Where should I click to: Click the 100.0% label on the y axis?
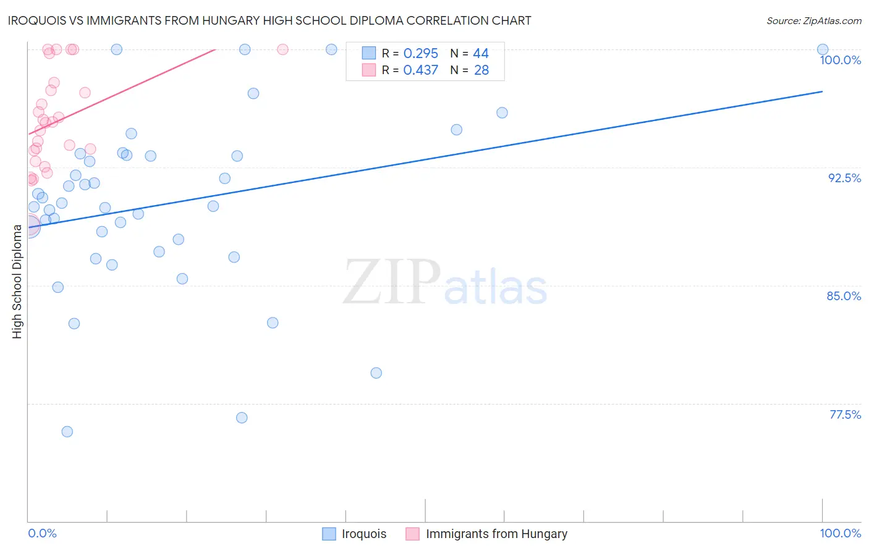tap(840, 60)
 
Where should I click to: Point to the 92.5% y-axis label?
tap(844, 178)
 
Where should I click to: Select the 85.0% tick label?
tap(844, 296)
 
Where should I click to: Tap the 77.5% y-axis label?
tap(845, 414)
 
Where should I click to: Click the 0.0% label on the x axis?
tap(42, 533)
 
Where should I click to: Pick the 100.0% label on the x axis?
tap(840, 533)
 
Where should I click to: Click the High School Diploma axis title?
tap(17, 281)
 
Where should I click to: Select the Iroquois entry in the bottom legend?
tap(363, 534)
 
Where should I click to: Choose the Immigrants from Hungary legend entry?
tap(496, 534)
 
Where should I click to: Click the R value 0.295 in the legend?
tap(420, 54)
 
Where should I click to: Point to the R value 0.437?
tap(420, 70)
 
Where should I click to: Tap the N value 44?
tap(480, 54)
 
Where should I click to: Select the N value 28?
tap(481, 70)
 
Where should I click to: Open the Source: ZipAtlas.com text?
tap(813, 21)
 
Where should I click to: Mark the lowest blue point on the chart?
tap(67, 432)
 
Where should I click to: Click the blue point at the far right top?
tap(823, 49)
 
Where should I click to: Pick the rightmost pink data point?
tap(282, 49)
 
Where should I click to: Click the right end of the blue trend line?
tap(823, 91)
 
